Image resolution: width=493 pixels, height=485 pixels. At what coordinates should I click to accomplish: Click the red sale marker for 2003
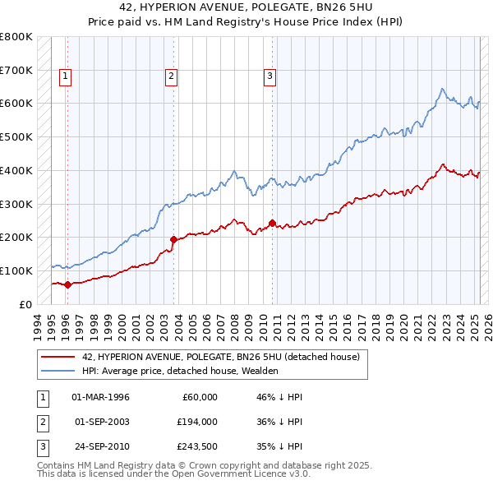pos(173,239)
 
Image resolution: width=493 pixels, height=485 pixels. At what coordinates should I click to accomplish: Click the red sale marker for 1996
pos(67,284)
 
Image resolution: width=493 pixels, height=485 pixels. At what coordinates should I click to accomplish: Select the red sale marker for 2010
pos(272,223)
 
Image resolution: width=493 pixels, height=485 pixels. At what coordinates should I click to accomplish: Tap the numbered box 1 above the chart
pos(65,76)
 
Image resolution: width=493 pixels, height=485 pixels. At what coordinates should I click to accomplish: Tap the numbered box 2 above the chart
pos(171,76)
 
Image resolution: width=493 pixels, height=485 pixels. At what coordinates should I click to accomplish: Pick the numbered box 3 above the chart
pos(270,76)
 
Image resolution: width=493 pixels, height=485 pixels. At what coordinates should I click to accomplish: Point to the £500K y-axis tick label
pos(16,136)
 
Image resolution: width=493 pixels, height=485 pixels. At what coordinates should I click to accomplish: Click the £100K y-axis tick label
pos(16,270)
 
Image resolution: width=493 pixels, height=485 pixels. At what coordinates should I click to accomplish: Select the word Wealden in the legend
pos(260,371)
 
